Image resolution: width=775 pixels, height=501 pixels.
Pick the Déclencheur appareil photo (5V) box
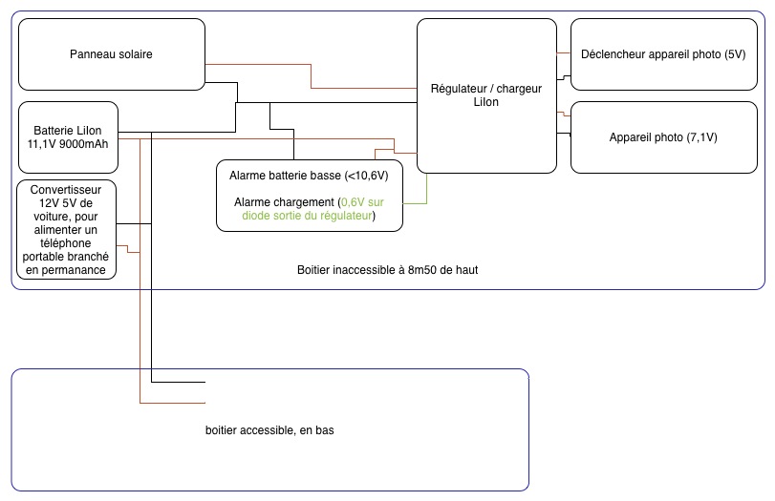(663, 54)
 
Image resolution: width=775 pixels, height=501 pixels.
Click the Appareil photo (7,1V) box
(663, 137)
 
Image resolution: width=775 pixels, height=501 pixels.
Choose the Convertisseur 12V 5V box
(67, 229)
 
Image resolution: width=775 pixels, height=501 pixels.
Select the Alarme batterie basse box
(309, 196)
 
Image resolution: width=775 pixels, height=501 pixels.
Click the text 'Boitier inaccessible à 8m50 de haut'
(387, 270)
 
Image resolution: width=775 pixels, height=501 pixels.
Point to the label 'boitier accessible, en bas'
(269, 430)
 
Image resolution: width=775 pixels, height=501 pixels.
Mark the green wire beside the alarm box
(426, 186)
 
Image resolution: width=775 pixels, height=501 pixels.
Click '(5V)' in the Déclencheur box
(735, 54)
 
